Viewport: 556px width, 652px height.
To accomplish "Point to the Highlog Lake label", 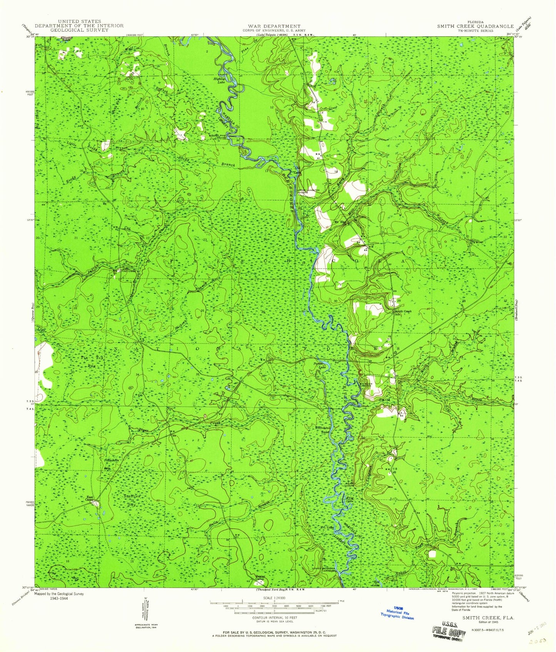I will (219, 81).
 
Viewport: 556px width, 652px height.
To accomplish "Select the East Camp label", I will (90, 499).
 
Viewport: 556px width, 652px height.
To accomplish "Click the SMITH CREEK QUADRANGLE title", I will (475, 26).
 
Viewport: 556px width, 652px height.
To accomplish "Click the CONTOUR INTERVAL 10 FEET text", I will (274, 629).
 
